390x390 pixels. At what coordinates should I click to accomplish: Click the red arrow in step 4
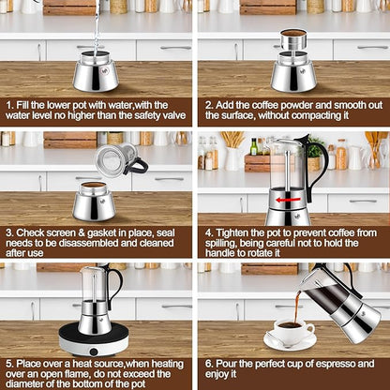coord(289,200)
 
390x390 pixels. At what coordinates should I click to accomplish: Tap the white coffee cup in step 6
coord(293,332)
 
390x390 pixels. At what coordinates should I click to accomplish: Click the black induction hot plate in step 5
coord(94,341)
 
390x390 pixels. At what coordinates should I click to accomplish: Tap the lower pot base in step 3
coord(94,202)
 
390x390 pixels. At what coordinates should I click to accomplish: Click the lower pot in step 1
coord(96,71)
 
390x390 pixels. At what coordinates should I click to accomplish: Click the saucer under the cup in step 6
coord(291,344)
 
